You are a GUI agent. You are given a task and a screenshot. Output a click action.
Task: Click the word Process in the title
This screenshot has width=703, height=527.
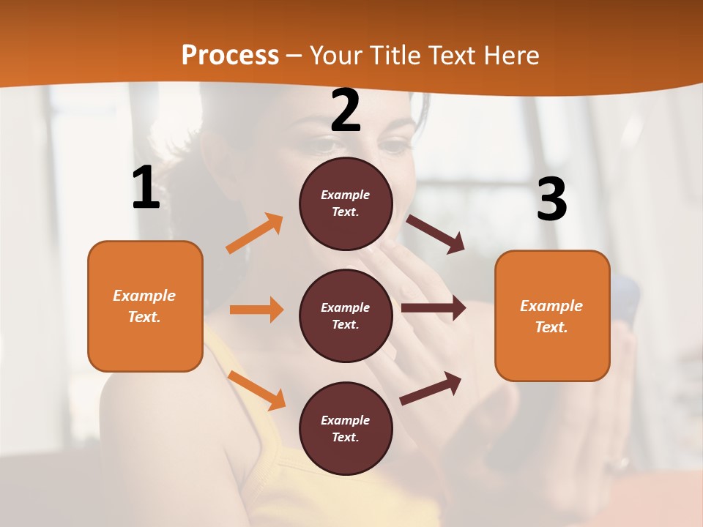tap(230, 55)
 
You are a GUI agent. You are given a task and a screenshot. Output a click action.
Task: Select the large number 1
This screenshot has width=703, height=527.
tap(146, 187)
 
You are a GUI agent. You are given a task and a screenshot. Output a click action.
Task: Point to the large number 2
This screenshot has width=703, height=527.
tap(346, 111)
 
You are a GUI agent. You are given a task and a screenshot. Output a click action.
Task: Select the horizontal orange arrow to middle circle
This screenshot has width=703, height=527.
tap(256, 310)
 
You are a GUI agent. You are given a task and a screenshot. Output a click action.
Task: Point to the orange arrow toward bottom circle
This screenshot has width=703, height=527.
tap(256, 390)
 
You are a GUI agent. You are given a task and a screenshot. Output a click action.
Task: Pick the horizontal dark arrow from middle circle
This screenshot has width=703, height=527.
tap(434, 308)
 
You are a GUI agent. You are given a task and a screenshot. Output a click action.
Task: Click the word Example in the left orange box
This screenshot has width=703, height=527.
tap(144, 296)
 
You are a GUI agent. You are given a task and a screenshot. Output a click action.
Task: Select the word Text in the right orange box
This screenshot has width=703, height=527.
tap(551, 327)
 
